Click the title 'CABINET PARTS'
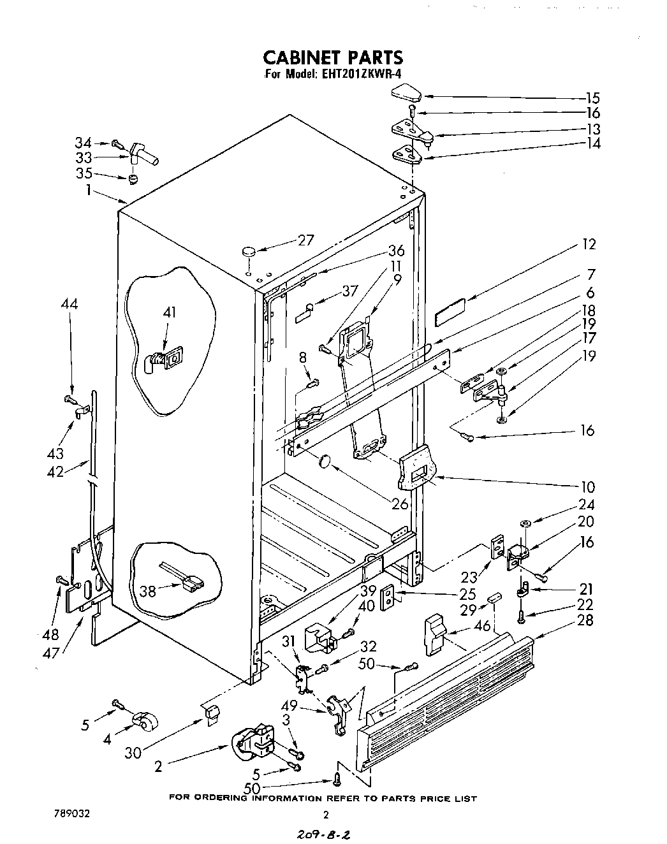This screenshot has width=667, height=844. (x=333, y=57)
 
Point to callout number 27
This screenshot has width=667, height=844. (x=306, y=240)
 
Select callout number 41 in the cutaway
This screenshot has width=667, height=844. (x=169, y=312)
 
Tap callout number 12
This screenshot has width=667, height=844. (x=589, y=244)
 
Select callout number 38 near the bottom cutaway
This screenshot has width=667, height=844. (x=148, y=591)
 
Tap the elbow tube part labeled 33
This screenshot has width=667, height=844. (x=143, y=154)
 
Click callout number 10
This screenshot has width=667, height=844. (x=588, y=487)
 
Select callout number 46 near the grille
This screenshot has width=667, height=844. (x=483, y=626)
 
